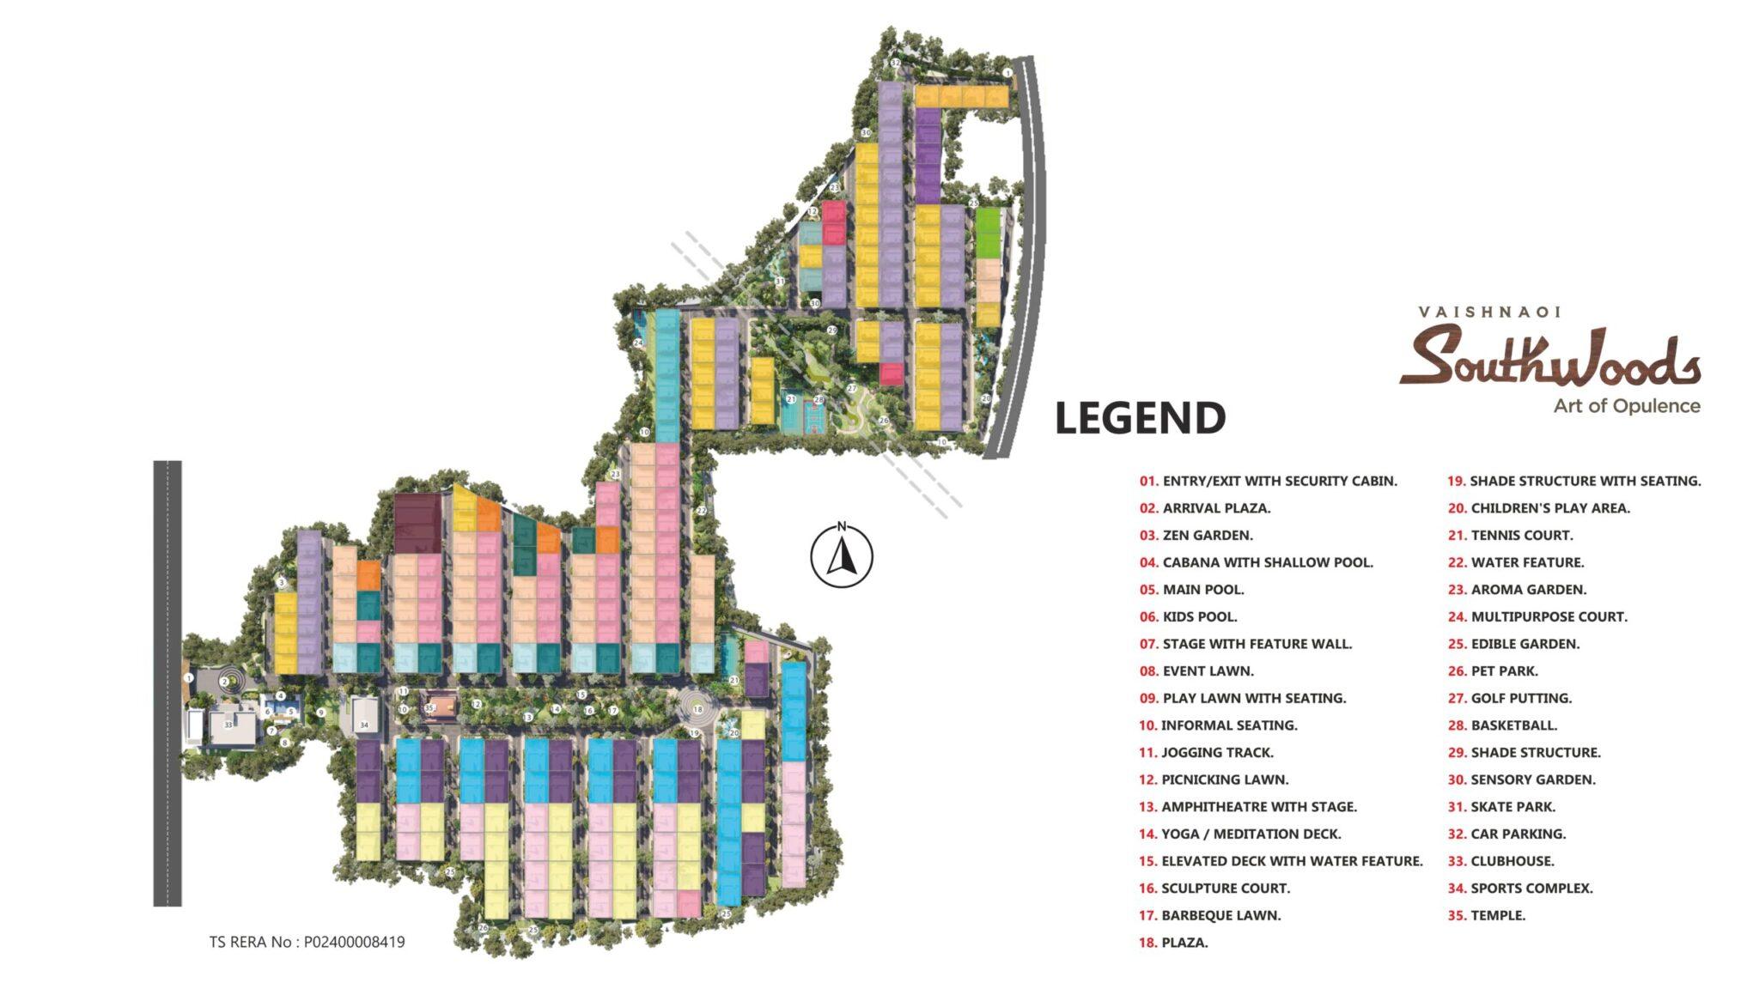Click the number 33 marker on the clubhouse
coord(228,725)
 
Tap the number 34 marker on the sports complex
coord(364,725)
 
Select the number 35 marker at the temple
coord(429,707)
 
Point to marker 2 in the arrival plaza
coord(224,682)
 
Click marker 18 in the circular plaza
coord(697,710)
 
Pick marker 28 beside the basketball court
coord(819,399)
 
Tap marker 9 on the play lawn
coord(320,712)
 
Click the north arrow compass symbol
coord(842,555)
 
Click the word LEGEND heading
coord(1140,418)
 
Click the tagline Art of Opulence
coord(1626,406)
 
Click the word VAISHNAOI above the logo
coord(1488,312)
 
